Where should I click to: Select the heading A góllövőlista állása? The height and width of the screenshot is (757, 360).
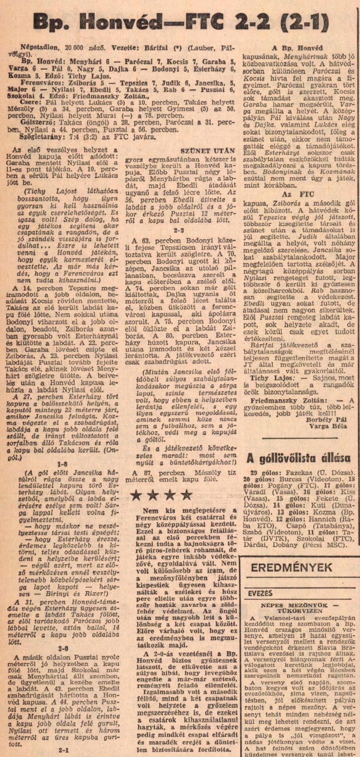298,458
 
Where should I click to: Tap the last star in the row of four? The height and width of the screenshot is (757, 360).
186,495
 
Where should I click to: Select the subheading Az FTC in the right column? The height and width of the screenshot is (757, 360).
291,194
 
